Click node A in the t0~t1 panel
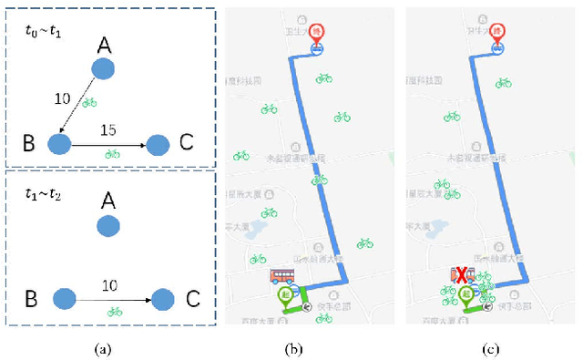coord(104,69)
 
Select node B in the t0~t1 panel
coord(59,143)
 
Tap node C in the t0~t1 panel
coord(159,144)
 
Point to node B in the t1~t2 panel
coord(64,298)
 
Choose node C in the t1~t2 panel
coord(162,298)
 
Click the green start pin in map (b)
coord(287,294)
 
